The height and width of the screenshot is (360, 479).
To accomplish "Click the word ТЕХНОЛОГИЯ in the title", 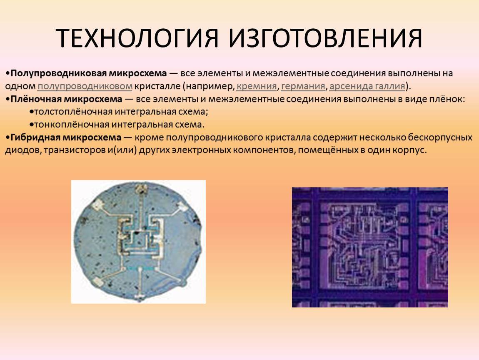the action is tap(137, 38).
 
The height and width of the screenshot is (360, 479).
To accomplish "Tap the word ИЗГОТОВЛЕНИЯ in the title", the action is tap(325, 38).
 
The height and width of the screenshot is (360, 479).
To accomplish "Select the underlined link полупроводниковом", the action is tap(85, 87).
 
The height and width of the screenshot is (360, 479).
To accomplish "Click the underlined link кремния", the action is tap(257, 87).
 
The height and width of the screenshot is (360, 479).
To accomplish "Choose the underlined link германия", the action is tap(303, 87).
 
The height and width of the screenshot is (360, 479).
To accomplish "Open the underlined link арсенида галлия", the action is tap(367, 87).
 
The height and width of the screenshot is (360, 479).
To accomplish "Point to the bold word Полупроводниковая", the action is tap(58, 74).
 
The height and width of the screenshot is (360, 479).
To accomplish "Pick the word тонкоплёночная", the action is tap(72, 125).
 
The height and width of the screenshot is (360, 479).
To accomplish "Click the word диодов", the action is tap(23, 151).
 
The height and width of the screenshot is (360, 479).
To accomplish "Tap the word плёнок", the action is tap(447, 99).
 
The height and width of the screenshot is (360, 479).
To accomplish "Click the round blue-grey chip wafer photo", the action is tap(138, 242).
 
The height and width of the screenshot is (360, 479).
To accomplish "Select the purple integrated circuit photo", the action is tap(370, 247).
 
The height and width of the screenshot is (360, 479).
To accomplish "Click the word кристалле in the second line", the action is tap(157, 87).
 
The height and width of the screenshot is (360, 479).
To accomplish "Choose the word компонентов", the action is tap(262, 151).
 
